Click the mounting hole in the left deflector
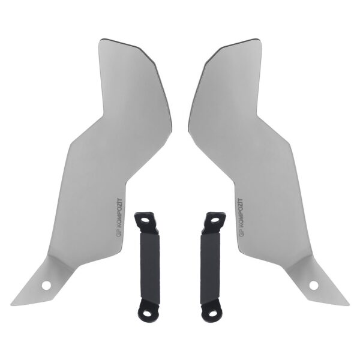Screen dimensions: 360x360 click(x=46, y=285)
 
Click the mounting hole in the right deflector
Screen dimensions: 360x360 click(x=313, y=285)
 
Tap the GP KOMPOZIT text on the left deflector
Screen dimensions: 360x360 click(x=118, y=218)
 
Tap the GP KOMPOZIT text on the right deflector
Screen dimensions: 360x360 click(x=241, y=218)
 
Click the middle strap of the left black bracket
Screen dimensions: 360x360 click(x=150, y=267)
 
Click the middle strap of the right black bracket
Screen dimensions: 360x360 click(x=209, y=267)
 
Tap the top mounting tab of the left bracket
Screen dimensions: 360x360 click(x=145, y=220)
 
